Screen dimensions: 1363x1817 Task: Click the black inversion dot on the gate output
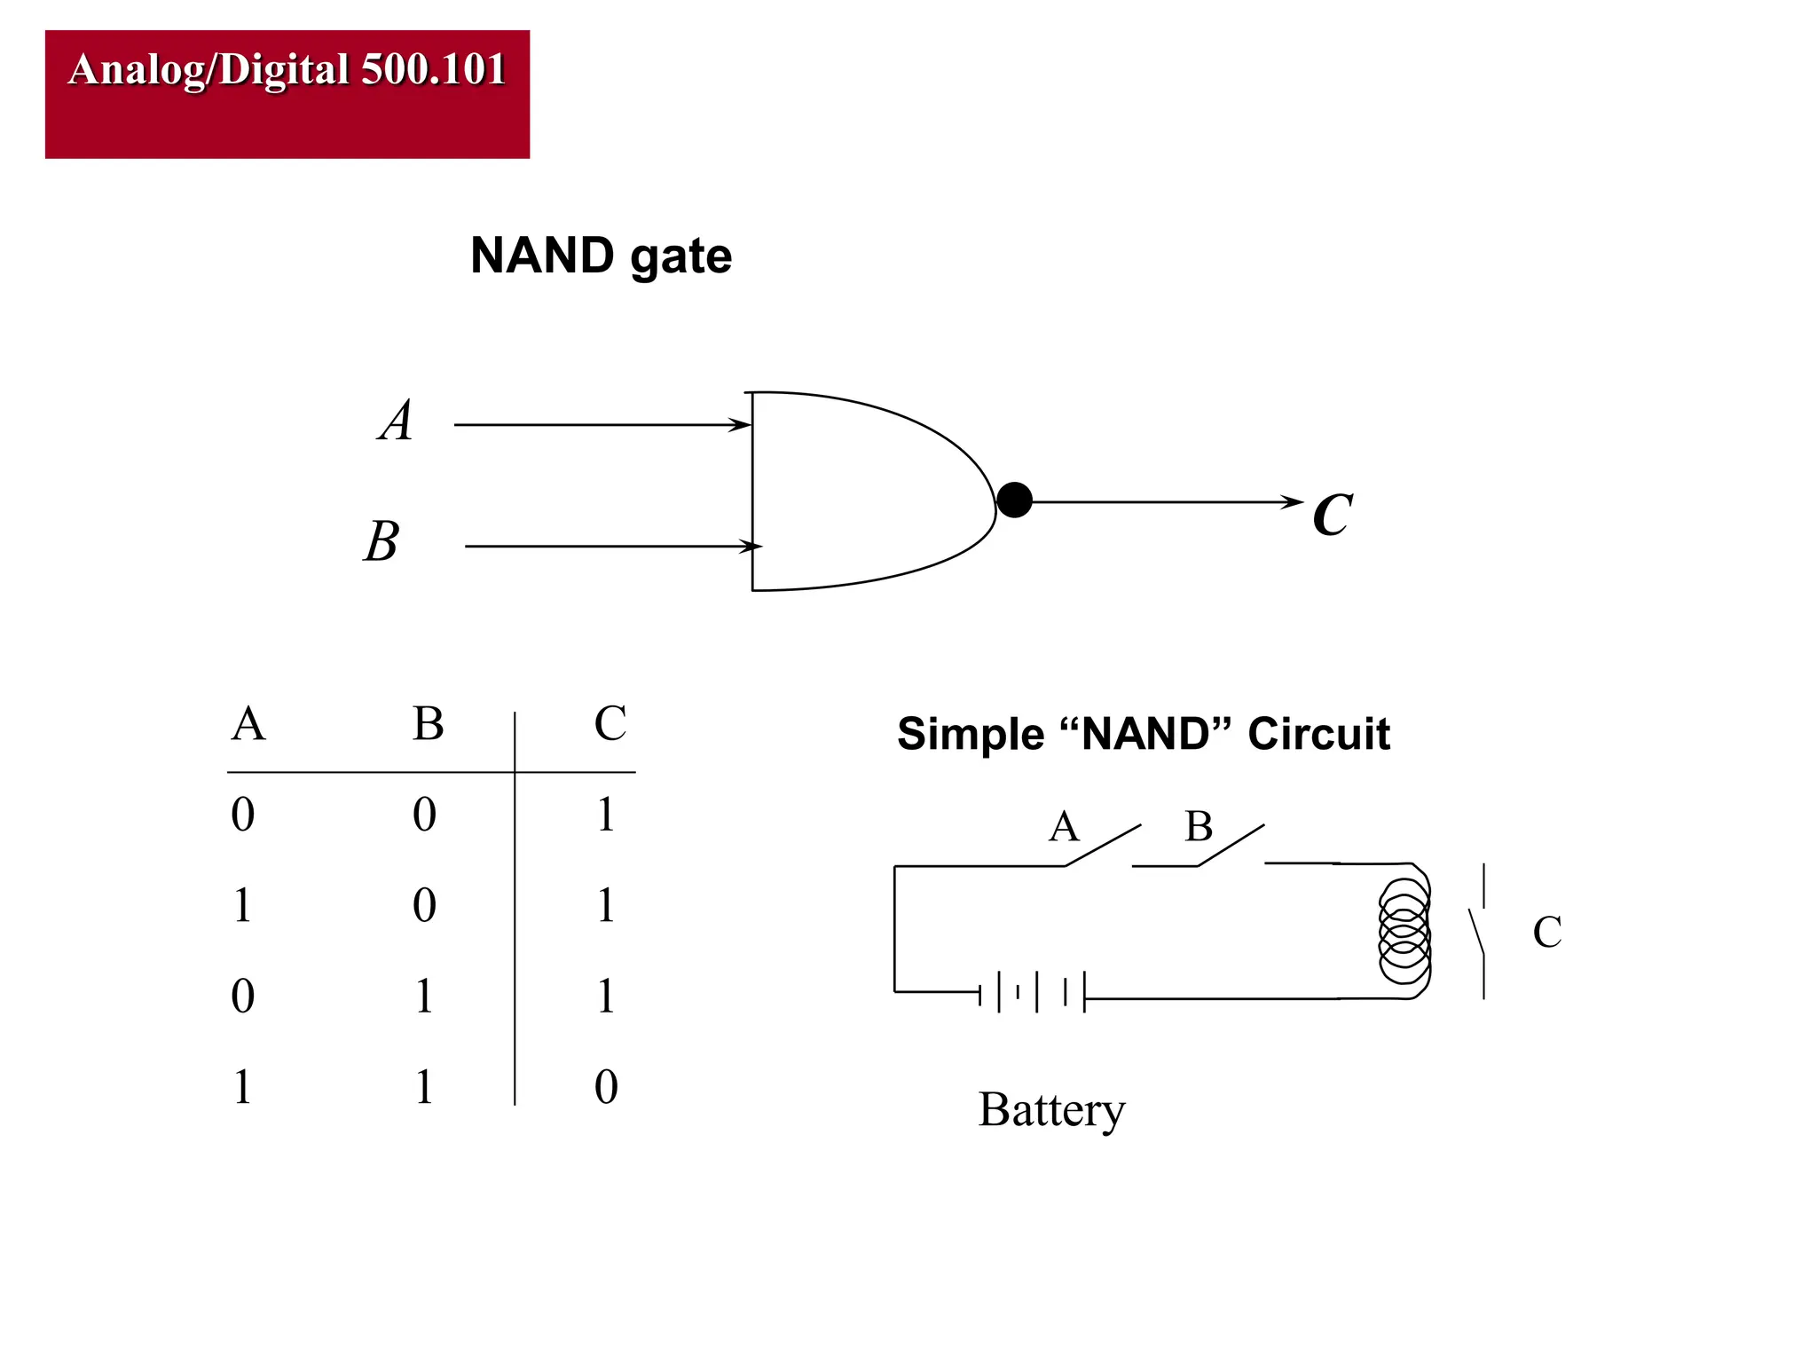point(1014,500)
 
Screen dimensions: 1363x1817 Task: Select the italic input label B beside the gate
point(382,540)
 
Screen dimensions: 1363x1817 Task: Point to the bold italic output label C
point(1332,515)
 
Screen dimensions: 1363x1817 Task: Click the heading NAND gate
point(601,256)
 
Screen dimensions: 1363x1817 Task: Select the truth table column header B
point(428,723)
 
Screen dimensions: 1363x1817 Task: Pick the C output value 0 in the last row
point(606,1086)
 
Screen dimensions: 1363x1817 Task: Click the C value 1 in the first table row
point(606,814)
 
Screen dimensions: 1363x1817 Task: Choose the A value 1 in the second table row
point(242,905)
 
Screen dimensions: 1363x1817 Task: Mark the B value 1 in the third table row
point(424,996)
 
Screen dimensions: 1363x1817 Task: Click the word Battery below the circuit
point(1051,1109)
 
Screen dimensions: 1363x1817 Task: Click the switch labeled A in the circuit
point(1103,845)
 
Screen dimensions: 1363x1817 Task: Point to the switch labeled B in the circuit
point(1231,845)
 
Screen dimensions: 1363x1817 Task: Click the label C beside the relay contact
point(1546,932)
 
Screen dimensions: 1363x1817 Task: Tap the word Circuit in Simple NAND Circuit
point(1318,734)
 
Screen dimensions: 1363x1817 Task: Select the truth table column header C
point(610,723)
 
